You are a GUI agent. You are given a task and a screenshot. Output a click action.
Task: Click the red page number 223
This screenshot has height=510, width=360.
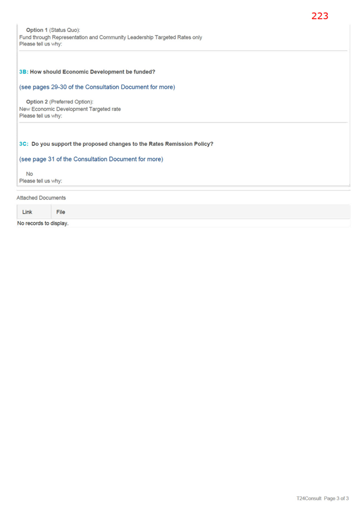[320, 16]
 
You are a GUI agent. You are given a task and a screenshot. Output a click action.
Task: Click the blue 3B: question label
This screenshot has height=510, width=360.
[24, 72]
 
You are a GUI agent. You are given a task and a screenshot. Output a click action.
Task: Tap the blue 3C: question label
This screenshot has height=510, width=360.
[24, 144]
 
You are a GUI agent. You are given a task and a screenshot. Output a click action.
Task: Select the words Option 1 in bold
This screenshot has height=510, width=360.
[37, 30]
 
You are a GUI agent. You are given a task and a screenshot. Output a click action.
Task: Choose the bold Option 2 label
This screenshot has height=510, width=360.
[37, 102]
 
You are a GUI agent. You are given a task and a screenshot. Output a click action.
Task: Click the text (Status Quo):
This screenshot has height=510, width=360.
[64, 30]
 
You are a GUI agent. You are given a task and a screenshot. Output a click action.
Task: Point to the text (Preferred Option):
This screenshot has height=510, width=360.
[71, 102]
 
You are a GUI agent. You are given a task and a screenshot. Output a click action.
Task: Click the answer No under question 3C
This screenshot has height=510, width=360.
[29, 174]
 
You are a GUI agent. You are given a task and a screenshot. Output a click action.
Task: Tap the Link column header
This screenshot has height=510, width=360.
[27, 212]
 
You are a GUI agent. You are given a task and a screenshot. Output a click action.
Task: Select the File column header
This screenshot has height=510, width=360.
[61, 212]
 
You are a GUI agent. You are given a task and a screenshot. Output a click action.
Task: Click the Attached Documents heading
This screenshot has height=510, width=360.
[41, 198]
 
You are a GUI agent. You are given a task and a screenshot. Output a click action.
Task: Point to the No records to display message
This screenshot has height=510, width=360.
[43, 223]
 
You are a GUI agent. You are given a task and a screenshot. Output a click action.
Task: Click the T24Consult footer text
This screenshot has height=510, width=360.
[309, 498]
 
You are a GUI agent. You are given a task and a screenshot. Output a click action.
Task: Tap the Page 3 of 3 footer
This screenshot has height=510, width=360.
[336, 498]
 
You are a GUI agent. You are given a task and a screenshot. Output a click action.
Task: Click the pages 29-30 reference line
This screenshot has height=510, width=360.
[97, 87]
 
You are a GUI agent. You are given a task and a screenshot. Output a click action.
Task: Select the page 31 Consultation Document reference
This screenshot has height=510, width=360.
[91, 159]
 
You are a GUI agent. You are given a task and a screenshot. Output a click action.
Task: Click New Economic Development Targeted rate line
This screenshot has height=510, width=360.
[70, 109]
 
